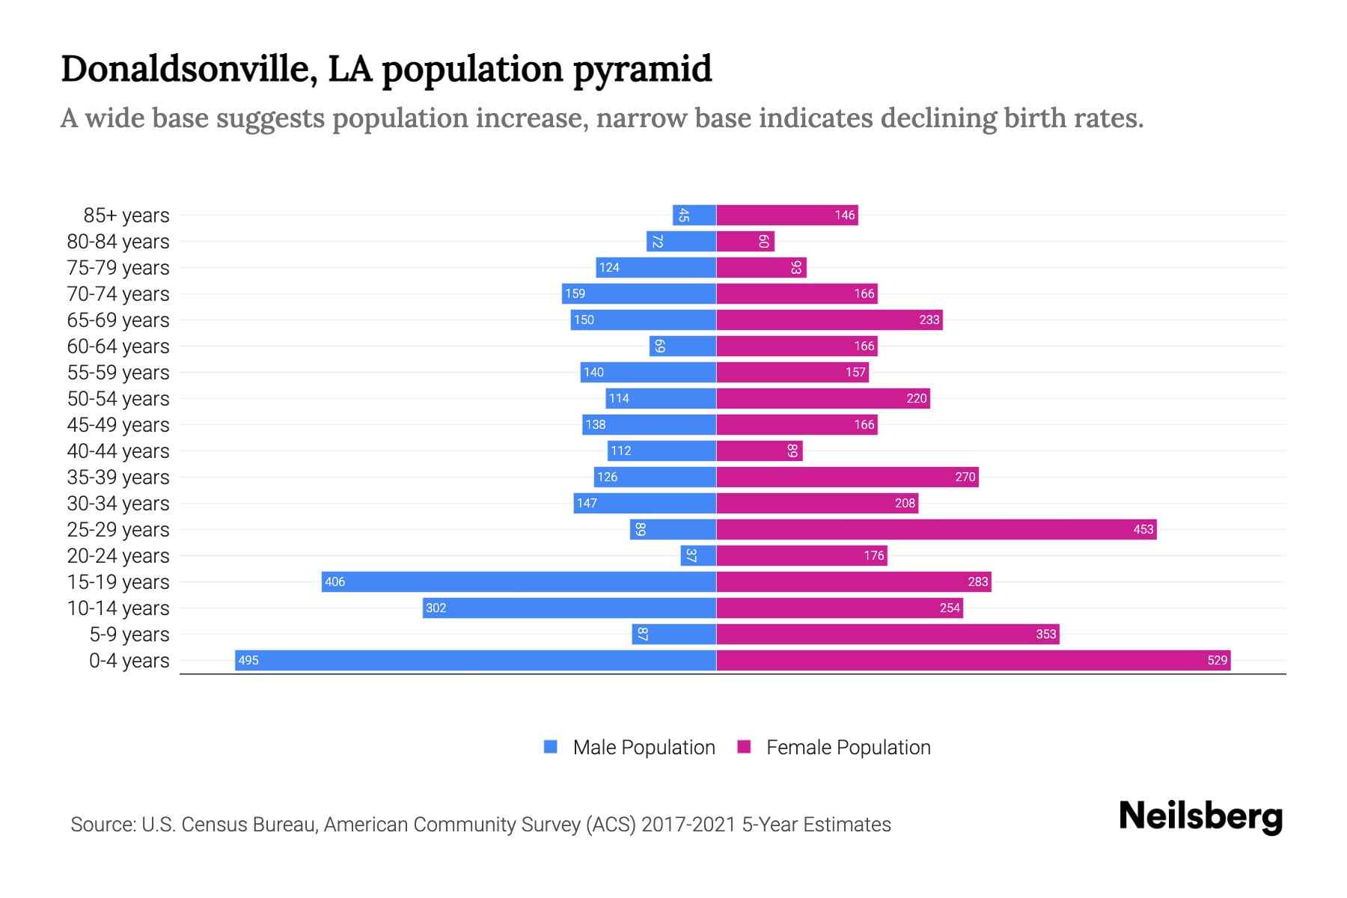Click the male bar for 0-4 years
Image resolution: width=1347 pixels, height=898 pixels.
point(475,660)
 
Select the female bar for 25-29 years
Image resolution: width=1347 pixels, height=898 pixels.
point(935,529)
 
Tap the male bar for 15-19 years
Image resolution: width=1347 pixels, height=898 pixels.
point(519,581)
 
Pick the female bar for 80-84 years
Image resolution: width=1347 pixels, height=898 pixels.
point(745,241)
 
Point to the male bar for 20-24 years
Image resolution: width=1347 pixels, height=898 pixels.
point(698,555)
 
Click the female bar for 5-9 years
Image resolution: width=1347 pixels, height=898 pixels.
point(888,634)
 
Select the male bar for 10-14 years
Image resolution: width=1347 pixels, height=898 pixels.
point(569,608)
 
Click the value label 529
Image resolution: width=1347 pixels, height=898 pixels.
point(1217,660)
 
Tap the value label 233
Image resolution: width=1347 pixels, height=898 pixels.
point(929,320)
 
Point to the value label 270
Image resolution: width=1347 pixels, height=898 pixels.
point(965,477)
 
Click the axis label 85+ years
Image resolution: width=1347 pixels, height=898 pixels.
point(126,216)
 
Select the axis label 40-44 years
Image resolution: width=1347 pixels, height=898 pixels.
point(118,451)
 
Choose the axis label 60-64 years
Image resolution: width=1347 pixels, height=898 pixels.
point(118,346)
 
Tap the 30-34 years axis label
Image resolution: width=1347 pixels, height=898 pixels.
point(118,504)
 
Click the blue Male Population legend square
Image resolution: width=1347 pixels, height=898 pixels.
point(551,747)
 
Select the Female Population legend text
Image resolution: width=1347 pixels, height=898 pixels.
point(848,747)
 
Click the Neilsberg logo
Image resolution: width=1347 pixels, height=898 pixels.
point(1200,816)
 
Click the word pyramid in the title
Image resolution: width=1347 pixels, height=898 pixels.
point(642,70)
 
